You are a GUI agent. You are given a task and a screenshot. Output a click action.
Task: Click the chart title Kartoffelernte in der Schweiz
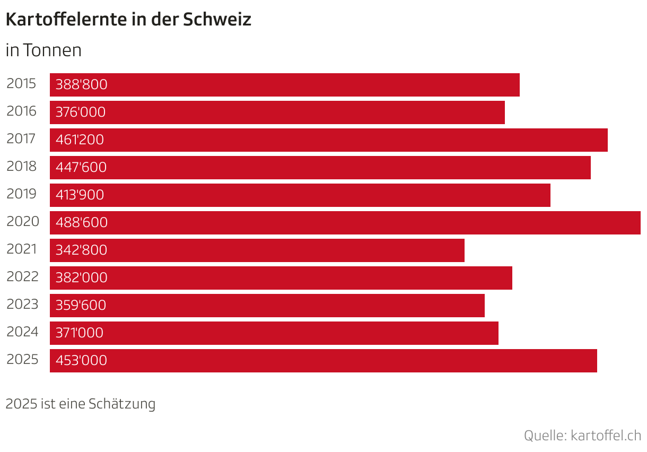128,20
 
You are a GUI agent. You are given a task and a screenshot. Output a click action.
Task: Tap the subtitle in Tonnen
43,50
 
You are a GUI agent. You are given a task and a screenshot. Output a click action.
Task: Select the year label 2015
22,84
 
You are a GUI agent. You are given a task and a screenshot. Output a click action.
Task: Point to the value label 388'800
81,85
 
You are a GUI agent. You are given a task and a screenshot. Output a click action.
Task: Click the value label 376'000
81,112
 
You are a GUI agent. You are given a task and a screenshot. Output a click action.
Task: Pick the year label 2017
22,139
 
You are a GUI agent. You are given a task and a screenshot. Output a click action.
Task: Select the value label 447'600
81,168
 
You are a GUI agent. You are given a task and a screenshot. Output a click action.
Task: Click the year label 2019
22,194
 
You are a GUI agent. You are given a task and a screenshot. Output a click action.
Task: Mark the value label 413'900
80,195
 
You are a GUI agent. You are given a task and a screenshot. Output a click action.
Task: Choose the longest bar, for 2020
345,223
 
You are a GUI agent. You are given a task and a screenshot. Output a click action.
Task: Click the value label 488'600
81,223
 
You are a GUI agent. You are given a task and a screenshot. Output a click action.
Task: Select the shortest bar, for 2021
257,250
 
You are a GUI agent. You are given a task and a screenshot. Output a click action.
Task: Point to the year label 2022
22,277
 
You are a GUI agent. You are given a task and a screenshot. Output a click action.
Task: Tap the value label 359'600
81,306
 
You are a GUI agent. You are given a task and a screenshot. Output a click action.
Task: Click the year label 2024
22,332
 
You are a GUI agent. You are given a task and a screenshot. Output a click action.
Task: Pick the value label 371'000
80,333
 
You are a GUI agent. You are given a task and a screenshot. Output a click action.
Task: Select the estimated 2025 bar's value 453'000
81,361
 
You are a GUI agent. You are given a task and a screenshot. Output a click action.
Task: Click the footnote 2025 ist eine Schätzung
80,404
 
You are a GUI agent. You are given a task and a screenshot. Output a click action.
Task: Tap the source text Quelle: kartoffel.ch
582,436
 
